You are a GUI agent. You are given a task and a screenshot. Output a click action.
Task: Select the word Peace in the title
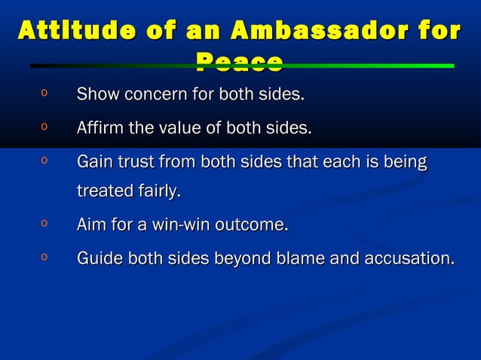(x=239, y=63)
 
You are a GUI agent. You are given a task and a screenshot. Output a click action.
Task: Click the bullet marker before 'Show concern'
(x=45, y=94)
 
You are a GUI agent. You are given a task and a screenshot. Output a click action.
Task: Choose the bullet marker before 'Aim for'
(x=45, y=224)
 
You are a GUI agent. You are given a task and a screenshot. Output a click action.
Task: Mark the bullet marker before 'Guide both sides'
(x=45, y=257)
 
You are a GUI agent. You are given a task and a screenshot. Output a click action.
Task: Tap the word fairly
(x=157, y=192)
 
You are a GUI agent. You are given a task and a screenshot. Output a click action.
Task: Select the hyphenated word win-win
(x=180, y=225)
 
